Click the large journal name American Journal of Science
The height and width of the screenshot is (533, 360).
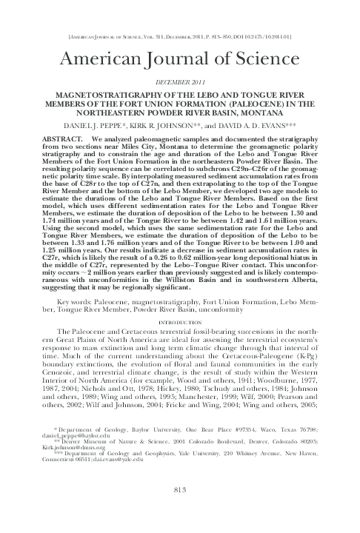point(180,59)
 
